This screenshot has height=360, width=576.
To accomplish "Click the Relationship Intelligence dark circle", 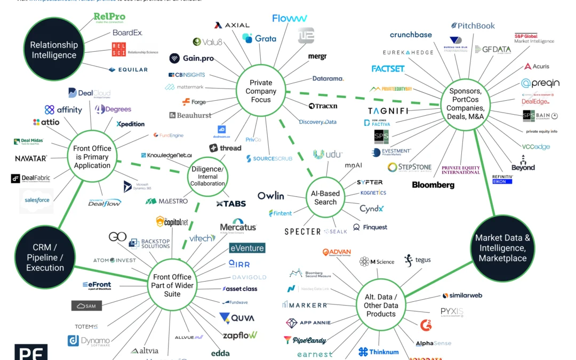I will pos(53,50).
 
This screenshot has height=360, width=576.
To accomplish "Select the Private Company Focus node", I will pos(261,91).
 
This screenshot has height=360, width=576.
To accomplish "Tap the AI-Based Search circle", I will pos(325,198).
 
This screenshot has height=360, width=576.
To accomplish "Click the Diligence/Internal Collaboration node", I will pos(208,177).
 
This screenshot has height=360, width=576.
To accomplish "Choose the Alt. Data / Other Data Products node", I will pos(381,305).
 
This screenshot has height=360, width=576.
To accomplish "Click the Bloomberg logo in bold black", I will pos(433,185).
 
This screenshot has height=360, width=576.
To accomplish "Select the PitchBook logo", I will pos(473,26).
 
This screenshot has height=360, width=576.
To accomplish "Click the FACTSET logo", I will pos(388,69).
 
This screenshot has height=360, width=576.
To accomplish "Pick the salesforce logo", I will pos(37,200).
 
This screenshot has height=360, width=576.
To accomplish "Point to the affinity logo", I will pos(63,110).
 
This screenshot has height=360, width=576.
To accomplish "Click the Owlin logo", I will pos(271,196).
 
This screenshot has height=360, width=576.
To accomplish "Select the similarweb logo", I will pos(462,295).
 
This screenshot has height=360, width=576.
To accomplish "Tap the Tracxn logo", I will pos(323,106).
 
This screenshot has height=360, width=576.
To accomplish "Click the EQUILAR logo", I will pos(127,69).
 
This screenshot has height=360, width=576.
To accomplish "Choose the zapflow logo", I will pos(240,335).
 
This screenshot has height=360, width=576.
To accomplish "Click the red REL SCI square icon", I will pos(119,50).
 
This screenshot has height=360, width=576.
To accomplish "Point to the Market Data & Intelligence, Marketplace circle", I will pos(502,248).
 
